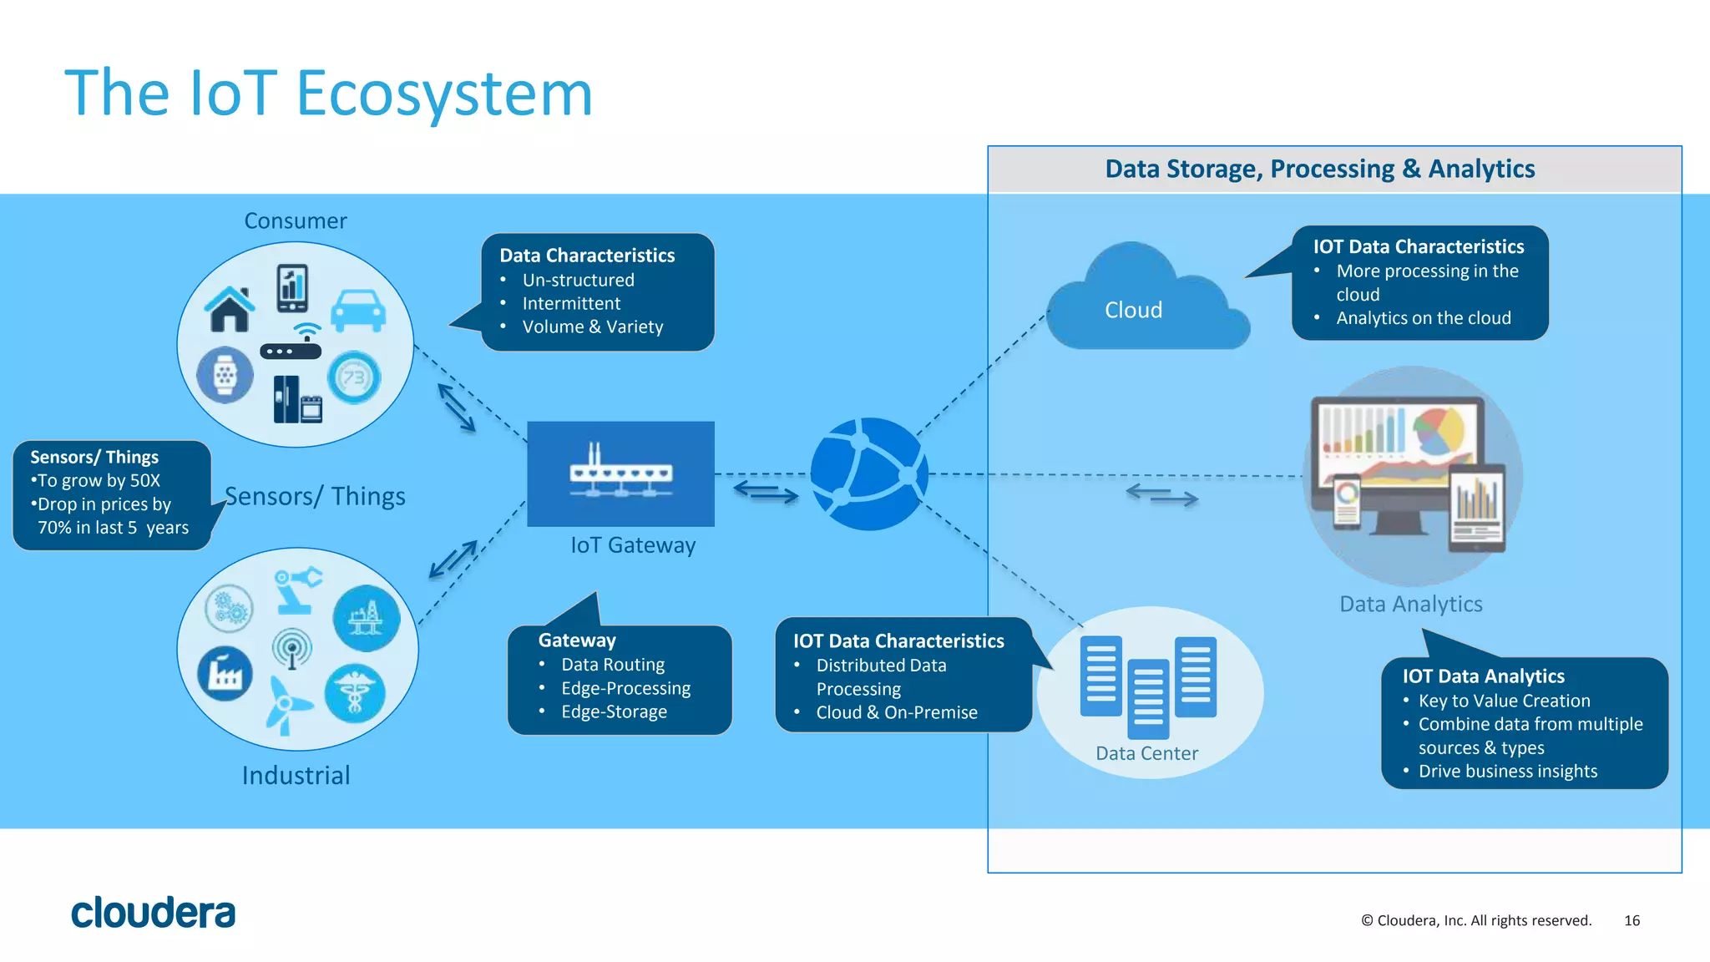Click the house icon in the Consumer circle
[x=230, y=309]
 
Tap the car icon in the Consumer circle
[x=358, y=311]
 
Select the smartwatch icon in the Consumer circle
[x=225, y=375]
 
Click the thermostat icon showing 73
[x=354, y=377]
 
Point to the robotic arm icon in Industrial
[x=296, y=589]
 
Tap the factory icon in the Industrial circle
[x=225, y=673]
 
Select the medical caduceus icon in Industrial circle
[x=355, y=693]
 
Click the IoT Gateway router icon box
[x=620, y=473]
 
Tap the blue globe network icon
[x=868, y=473]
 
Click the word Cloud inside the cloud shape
[x=1133, y=310]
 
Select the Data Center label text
[x=1146, y=753]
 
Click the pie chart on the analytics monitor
[x=1438, y=430]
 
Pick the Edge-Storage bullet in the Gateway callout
[x=614, y=711]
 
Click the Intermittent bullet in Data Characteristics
[x=571, y=303]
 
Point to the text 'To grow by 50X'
[x=98, y=480]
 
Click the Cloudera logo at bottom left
[x=153, y=913]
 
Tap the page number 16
[x=1632, y=920]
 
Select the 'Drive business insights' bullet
[x=1507, y=771]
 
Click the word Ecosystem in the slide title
[x=444, y=94]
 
